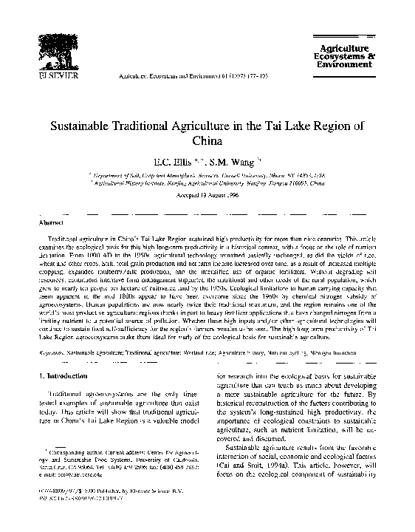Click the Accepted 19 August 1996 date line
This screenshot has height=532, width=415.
click(207, 200)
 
